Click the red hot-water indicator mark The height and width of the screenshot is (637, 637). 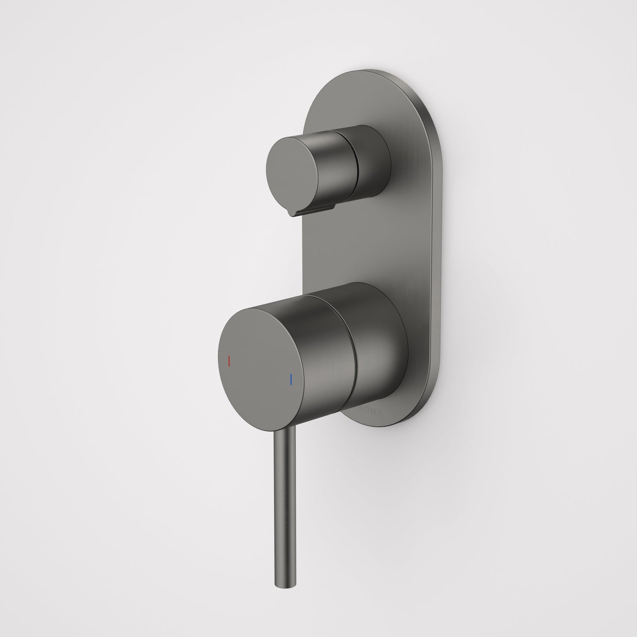point(228,361)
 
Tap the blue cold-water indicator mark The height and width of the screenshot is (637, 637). point(291,379)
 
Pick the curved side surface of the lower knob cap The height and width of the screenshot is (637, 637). point(326,344)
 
